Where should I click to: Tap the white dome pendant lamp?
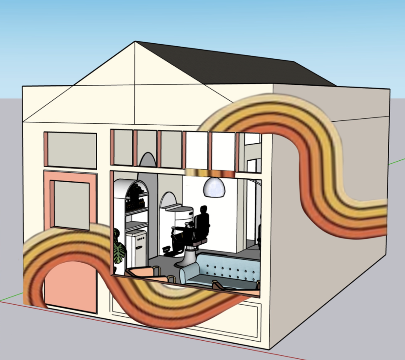tap(214, 187)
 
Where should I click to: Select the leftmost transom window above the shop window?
tap(122, 147)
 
